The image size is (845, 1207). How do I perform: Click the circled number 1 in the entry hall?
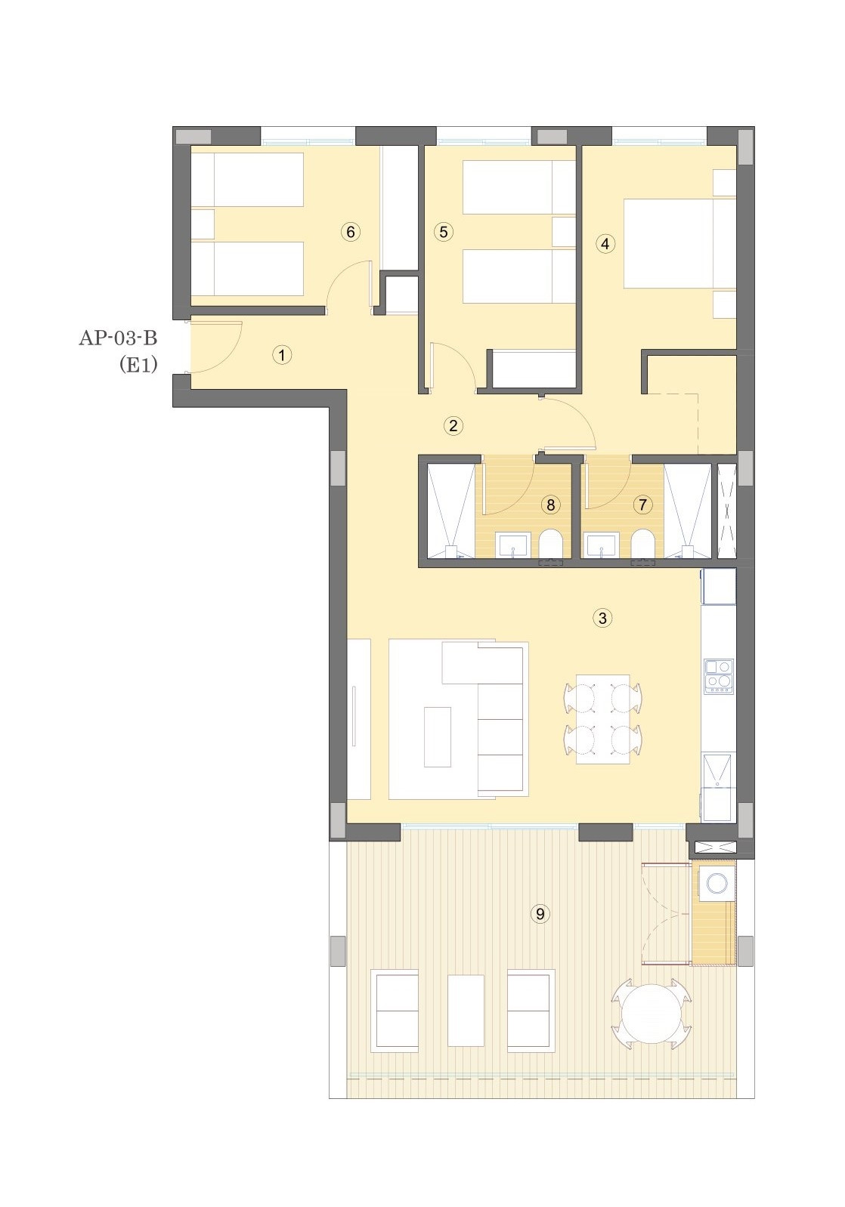[x=281, y=355]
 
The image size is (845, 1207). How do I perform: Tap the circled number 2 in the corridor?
[x=453, y=426]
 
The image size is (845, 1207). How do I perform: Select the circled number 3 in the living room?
[x=602, y=618]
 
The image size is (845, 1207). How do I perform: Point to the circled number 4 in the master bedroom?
[x=605, y=243]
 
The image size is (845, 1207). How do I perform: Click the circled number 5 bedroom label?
[x=443, y=232]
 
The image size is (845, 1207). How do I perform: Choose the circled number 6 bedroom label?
[x=351, y=232]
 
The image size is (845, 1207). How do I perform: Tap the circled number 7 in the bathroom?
[x=642, y=505]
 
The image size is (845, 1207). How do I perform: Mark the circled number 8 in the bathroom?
[x=550, y=505]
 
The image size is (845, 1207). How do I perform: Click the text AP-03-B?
[x=118, y=338]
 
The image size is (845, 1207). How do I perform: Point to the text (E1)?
[x=138, y=366]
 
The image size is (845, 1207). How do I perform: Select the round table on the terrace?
[x=652, y=1014]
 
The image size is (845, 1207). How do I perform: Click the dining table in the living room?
[x=603, y=719]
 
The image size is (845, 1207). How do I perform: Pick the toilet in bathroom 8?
[x=550, y=545]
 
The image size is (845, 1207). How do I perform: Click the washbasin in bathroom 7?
[x=602, y=545]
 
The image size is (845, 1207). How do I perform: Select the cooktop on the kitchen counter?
[x=718, y=676]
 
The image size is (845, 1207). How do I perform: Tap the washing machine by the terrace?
[x=717, y=883]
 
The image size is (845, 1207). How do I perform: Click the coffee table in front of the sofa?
[x=438, y=736]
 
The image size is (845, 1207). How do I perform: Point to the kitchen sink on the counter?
[x=718, y=770]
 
